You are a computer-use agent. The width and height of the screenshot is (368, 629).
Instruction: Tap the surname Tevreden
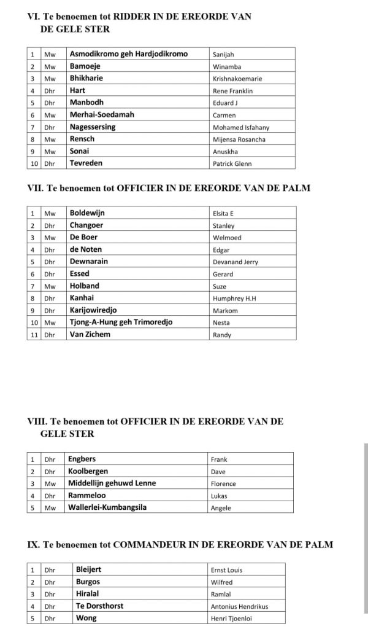click(86, 163)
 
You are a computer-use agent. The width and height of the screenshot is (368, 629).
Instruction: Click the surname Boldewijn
click(87, 213)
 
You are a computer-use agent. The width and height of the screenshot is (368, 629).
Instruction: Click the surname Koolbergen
click(88, 471)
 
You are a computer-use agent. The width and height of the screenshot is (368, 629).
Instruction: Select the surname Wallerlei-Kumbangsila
click(107, 507)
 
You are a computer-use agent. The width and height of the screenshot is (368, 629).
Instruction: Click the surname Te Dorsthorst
click(99, 606)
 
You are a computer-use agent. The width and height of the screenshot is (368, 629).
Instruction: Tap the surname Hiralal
click(88, 593)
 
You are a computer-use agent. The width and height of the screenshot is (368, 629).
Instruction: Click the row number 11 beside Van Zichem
click(34, 335)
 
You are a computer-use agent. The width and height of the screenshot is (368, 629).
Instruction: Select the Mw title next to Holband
click(49, 286)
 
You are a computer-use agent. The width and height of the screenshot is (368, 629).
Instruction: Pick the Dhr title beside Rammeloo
click(49, 496)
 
